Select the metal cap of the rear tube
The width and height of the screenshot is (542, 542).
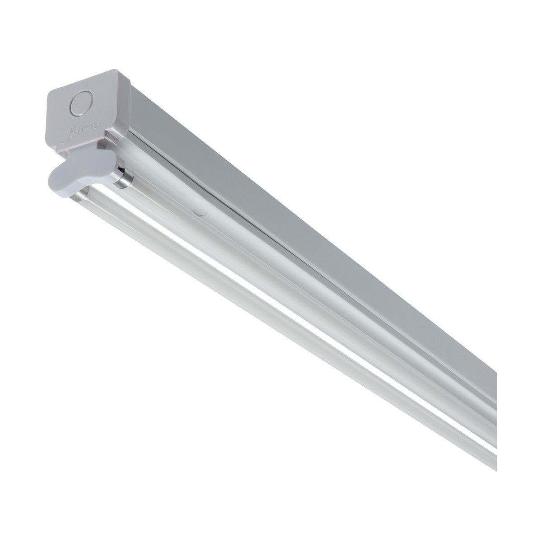pos(121,179)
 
